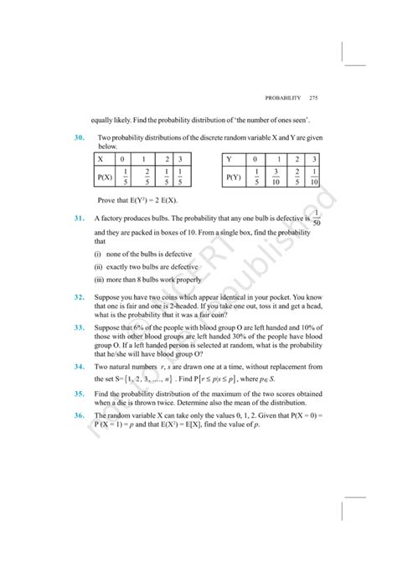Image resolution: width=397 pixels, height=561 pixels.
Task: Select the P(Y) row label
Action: (234, 177)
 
